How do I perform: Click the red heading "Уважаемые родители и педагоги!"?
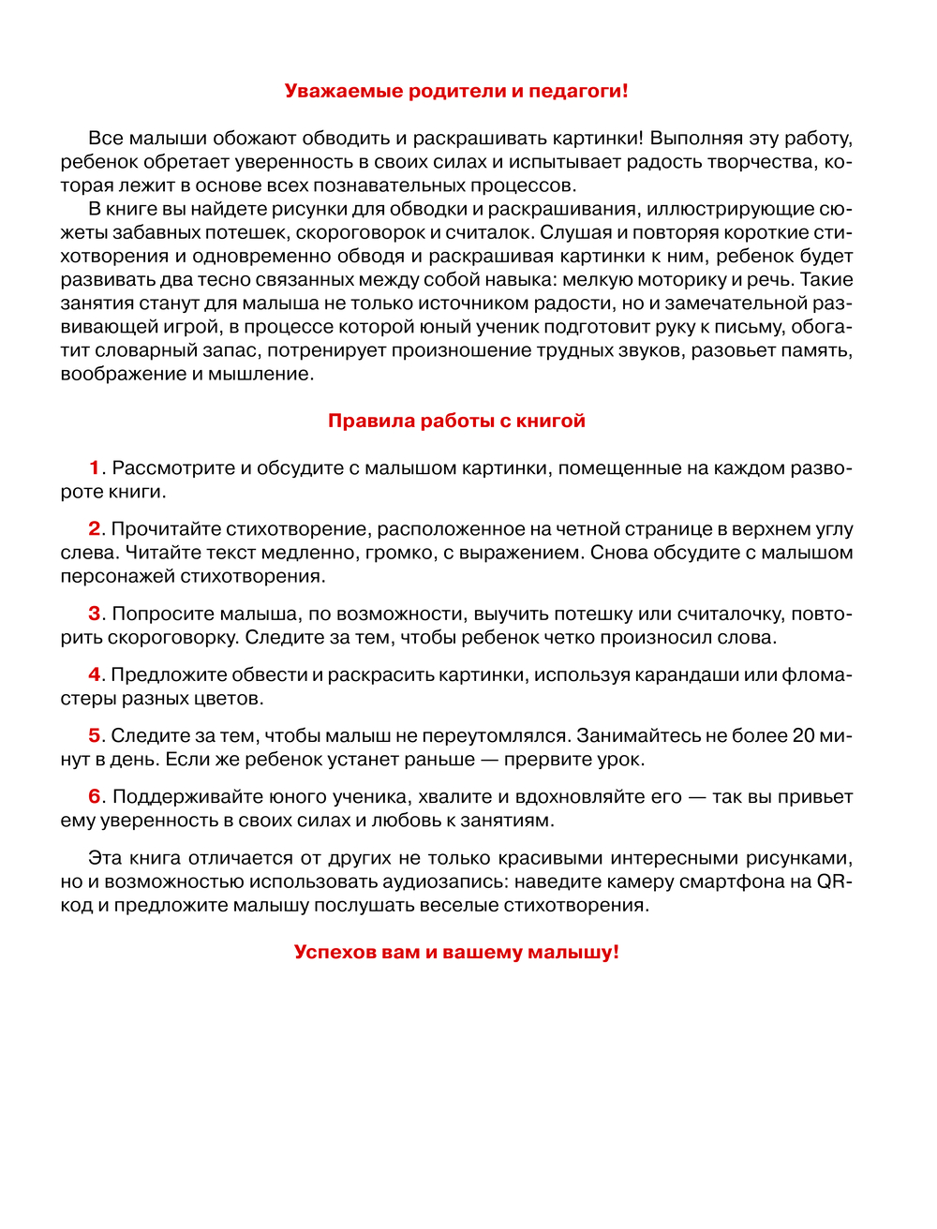coord(456,91)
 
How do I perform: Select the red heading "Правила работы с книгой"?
coord(456,421)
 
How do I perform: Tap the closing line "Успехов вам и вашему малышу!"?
coord(456,952)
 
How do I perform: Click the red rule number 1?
coord(95,467)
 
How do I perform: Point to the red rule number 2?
coord(95,528)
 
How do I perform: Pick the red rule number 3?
coord(95,614)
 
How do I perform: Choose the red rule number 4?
coord(95,674)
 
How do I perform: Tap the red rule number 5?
coord(95,735)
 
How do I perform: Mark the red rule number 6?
coord(95,796)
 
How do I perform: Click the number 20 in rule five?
coord(803,735)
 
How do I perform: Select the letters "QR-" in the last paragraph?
coord(835,881)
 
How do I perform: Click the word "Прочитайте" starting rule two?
coord(165,528)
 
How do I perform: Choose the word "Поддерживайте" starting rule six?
coord(178,796)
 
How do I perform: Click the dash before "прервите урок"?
coord(488,759)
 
